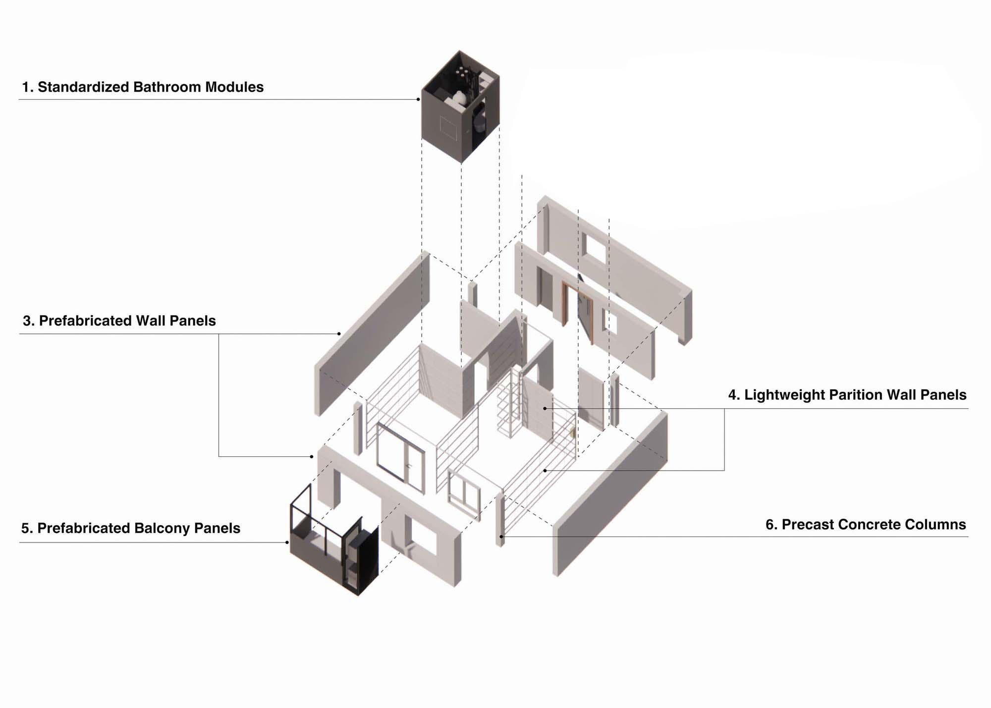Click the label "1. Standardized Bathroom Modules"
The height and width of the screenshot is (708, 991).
[143, 87]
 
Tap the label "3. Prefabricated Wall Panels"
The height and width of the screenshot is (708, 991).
[119, 321]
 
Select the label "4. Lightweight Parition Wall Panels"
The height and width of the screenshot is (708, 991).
[847, 395]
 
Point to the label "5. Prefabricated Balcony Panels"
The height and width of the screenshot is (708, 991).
[131, 528]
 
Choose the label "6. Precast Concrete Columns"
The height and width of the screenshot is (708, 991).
[866, 525]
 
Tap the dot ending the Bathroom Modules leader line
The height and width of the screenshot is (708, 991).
[418, 100]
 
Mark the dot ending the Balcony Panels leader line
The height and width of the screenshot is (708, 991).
[287, 543]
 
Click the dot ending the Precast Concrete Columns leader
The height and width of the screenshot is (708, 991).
[501, 537]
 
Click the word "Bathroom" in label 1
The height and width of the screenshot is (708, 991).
[167, 87]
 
